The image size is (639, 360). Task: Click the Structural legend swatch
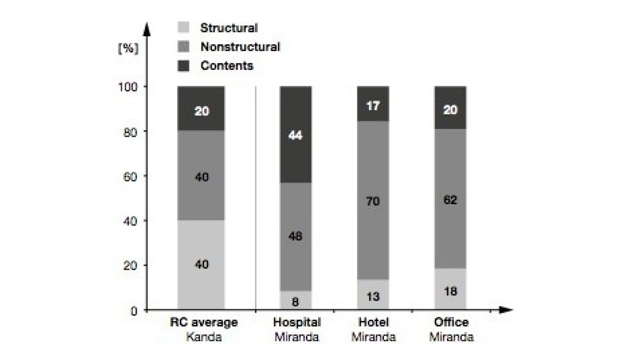pyautogui.click(x=183, y=27)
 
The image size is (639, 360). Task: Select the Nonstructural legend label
pyautogui.click(x=240, y=47)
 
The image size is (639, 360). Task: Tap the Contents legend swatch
pyautogui.click(x=183, y=66)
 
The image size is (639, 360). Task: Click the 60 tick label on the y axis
pyautogui.click(x=130, y=177)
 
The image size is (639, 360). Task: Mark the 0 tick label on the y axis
pyautogui.click(x=134, y=311)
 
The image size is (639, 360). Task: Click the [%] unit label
pyautogui.click(x=128, y=49)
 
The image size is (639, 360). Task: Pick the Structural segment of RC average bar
pyautogui.click(x=201, y=265)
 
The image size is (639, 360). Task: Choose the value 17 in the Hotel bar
pyautogui.click(x=373, y=106)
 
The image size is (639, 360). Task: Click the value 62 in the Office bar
pyautogui.click(x=450, y=200)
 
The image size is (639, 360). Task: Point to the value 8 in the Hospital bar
pyautogui.click(x=295, y=302)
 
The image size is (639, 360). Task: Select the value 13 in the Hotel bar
pyautogui.click(x=373, y=296)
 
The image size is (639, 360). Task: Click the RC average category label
pyautogui.click(x=204, y=322)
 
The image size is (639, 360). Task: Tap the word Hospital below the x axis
pyautogui.click(x=297, y=322)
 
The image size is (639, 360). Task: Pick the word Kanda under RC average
pyautogui.click(x=204, y=337)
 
